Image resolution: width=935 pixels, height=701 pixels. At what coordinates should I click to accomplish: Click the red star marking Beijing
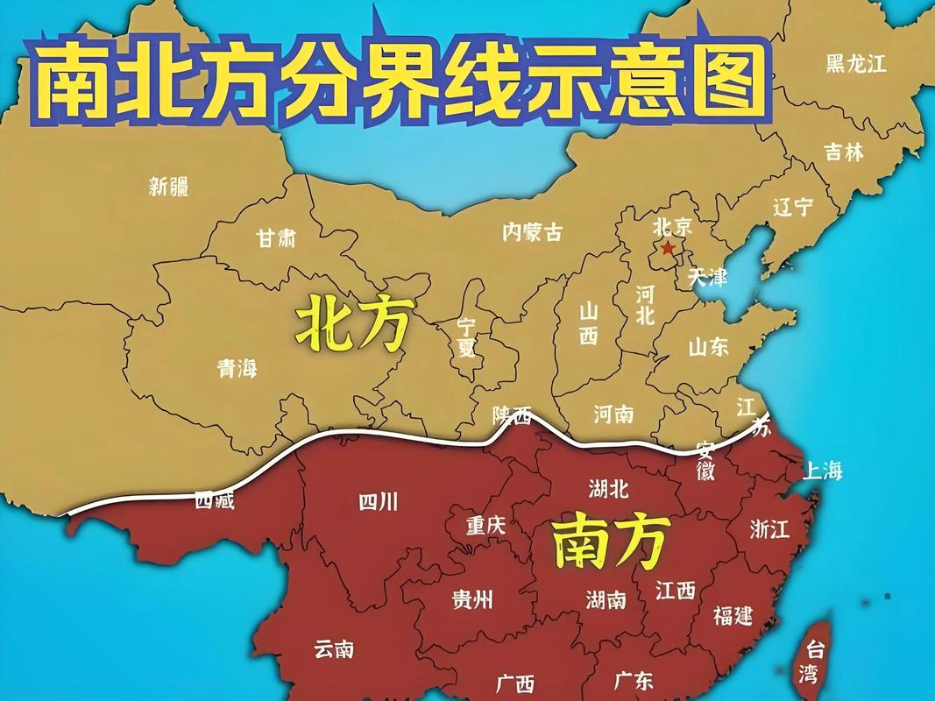(668, 249)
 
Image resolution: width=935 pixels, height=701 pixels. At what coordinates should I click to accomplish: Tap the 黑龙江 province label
(856, 63)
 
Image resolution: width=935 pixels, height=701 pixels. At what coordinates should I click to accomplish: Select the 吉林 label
(844, 152)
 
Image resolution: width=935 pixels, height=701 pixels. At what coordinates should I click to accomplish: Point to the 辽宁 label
(793, 208)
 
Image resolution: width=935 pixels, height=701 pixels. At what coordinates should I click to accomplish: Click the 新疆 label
(168, 186)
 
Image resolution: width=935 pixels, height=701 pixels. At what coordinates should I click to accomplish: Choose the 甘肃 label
(275, 238)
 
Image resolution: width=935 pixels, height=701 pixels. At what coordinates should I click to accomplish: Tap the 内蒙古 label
(532, 231)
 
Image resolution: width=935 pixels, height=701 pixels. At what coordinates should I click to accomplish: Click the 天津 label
(707, 278)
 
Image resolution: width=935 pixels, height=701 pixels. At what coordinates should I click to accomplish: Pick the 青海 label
(237, 369)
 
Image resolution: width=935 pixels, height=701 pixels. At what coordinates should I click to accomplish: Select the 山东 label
(708, 347)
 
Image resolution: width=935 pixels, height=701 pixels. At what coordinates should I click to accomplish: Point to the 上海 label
(822, 471)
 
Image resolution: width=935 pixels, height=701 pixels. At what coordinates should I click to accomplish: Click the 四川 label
(379, 501)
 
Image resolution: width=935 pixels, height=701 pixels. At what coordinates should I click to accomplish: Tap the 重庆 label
(485, 526)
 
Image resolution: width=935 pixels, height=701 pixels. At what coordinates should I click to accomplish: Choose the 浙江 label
(770, 528)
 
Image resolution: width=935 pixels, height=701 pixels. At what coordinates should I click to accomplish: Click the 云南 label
(334, 649)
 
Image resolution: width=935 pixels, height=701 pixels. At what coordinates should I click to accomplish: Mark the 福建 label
(733, 615)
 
